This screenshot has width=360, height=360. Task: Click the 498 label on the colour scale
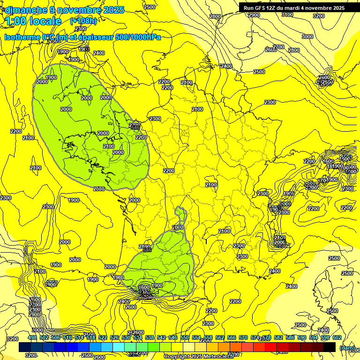pyautogui.click(x=32, y=338)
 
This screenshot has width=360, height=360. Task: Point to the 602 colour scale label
pyautogui.click(x=337, y=338)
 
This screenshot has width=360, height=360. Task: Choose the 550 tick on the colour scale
pyautogui.click(x=185, y=338)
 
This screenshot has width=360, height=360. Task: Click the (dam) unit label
pyautogui.click(x=347, y=348)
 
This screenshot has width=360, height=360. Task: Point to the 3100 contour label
pyautogui.click(x=287, y=15)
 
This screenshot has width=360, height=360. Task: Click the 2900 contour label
pyautogui.click(x=254, y=15)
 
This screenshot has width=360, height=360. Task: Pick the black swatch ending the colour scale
pyautogui.click(x=330, y=347)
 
